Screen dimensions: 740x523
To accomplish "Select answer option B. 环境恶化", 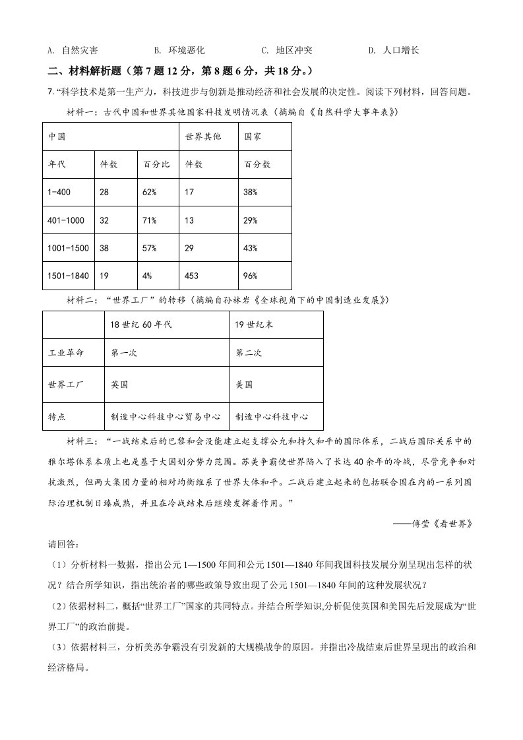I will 179,50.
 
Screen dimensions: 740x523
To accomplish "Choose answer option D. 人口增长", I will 394,50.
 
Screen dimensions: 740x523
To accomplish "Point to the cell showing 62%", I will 150,192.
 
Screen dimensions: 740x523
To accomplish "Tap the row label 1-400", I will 59,192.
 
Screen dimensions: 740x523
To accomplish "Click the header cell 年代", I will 57,164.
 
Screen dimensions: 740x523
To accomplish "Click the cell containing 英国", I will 119,385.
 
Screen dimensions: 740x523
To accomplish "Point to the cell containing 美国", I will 244,385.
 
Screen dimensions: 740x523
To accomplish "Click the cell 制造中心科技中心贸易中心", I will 168,417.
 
